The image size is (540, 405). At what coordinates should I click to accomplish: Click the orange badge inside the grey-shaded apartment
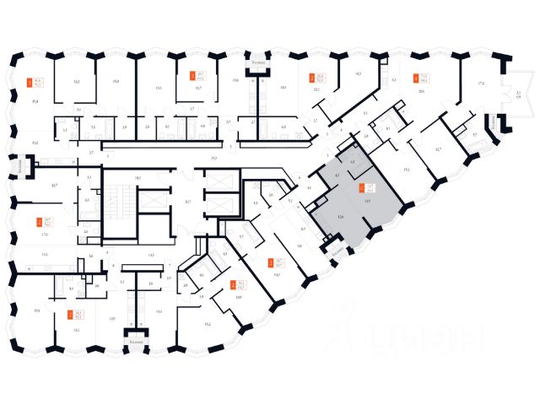pyautogui.click(x=362, y=188)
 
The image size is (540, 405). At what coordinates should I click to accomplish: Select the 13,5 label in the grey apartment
pyautogui.click(x=366, y=201)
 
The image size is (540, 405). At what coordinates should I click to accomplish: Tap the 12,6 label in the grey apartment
pyautogui.click(x=339, y=217)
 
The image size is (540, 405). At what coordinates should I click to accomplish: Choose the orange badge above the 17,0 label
pyautogui.click(x=38, y=224)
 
